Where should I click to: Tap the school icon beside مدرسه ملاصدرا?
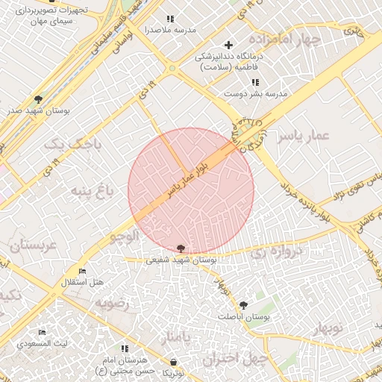pyautogui.click(x=170, y=19)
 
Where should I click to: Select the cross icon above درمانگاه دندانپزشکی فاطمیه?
pyautogui.click(x=229, y=44)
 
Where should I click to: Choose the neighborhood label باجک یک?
pyautogui.click(x=61, y=143)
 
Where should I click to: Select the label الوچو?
pyautogui.click(x=124, y=237)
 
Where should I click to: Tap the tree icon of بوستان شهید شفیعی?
pyautogui.click(x=182, y=248)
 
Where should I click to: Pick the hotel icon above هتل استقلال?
pyautogui.click(x=82, y=272)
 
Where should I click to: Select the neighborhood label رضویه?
pyautogui.click(x=111, y=304)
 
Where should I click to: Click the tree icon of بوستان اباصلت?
pyautogui.click(x=243, y=304)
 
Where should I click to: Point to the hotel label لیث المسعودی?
pyautogui.click(x=43, y=343)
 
